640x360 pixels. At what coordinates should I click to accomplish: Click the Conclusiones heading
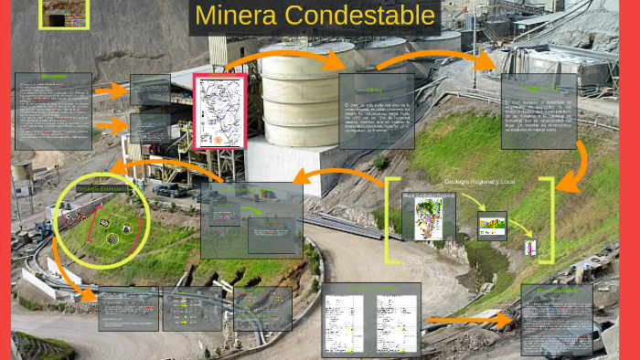click(557, 291)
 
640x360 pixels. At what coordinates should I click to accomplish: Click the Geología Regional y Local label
click(480, 183)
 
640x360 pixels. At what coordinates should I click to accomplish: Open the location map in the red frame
click(220, 111)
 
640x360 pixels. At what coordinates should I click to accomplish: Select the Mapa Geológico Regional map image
click(429, 217)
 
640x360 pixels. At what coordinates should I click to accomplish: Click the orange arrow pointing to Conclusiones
click(471, 321)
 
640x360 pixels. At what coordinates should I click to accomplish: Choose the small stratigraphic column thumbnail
click(529, 247)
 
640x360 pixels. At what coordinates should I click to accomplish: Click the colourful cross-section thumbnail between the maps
click(492, 224)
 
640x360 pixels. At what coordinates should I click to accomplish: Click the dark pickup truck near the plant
click(171, 190)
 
